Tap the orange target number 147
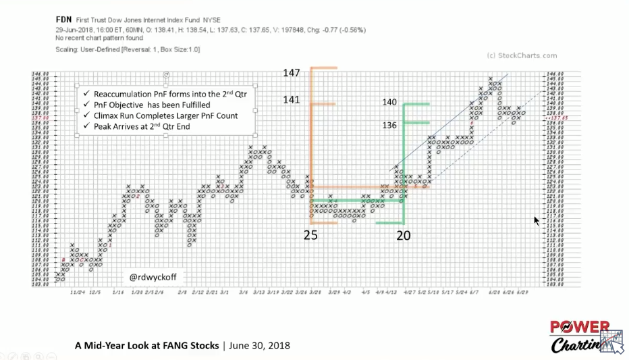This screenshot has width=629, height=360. tap(292, 73)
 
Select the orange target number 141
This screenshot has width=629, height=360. tap(292, 100)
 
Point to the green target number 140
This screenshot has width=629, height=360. tap(389, 103)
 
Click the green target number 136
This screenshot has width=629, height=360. tap(389, 125)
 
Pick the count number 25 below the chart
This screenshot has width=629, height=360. tap(310, 235)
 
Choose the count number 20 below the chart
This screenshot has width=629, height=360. tap(403, 235)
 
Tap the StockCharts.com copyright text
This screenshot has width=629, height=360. tap(521, 56)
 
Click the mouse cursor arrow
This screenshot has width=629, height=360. tap(537, 220)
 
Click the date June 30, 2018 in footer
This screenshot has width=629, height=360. tap(259, 345)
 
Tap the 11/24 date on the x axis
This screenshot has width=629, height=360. tap(77, 292)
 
